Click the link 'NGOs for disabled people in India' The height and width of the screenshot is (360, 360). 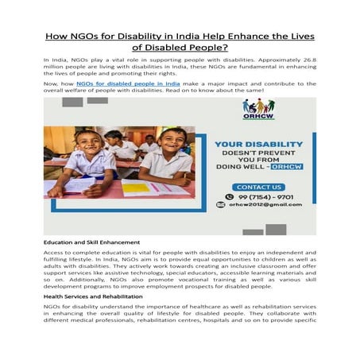pyautogui.click(x=128, y=83)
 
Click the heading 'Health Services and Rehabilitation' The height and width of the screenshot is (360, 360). pyautogui.click(x=93, y=296)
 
